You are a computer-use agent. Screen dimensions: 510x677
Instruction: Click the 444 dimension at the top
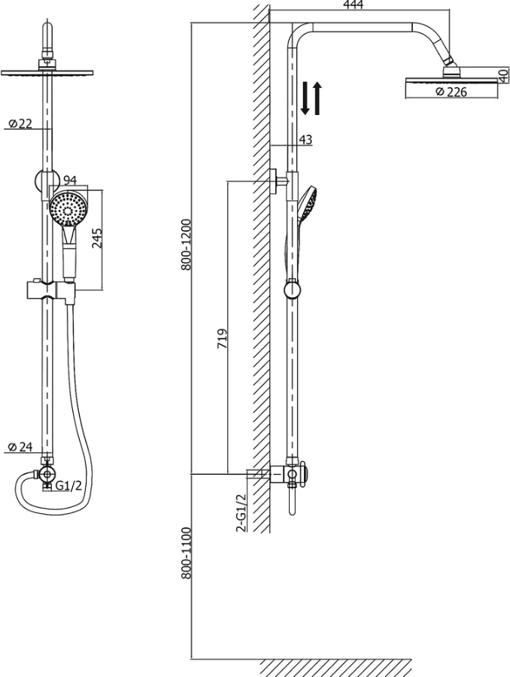(354, 5)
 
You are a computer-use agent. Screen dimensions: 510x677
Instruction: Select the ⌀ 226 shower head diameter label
(451, 92)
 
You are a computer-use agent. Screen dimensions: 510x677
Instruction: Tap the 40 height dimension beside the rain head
(503, 75)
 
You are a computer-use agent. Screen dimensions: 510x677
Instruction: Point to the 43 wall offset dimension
(305, 139)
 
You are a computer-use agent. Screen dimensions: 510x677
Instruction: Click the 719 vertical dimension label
(222, 339)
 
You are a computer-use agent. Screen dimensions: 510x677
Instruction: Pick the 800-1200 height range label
(186, 244)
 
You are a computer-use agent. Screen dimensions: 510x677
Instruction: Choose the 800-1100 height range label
(186, 553)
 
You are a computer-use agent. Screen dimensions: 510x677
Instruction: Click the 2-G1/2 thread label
(241, 513)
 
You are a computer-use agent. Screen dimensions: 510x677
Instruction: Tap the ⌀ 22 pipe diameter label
(20, 123)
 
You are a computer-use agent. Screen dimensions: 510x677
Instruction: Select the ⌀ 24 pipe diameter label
(20, 447)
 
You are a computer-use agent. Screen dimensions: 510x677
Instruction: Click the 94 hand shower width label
(70, 180)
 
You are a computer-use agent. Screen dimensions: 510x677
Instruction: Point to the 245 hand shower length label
(98, 238)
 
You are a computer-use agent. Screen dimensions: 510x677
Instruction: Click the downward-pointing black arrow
(305, 98)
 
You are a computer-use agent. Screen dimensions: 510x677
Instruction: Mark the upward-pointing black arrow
(317, 98)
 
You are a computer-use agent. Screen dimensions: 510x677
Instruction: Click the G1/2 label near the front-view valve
(68, 486)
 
